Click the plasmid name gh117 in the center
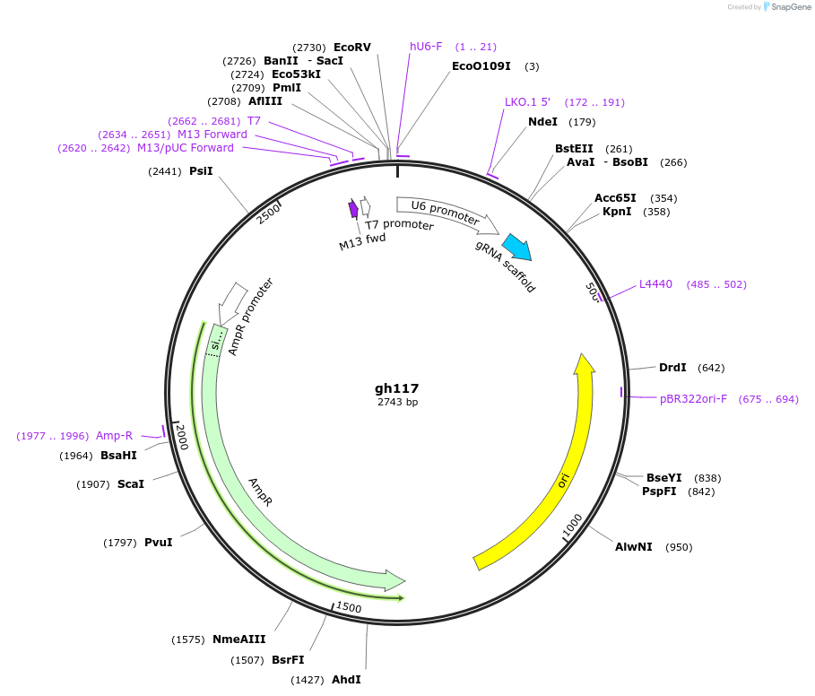pyautogui.click(x=396, y=388)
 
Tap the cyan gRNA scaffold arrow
pyautogui.click(x=516, y=247)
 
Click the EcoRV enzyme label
pyautogui.click(x=351, y=47)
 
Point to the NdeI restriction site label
pyautogui.click(x=542, y=122)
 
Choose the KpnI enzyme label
pyautogui.click(x=617, y=212)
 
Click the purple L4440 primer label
pyautogui.click(x=655, y=284)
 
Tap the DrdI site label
pyautogui.click(x=672, y=368)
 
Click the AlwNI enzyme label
pyautogui.click(x=633, y=547)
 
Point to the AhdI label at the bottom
pyautogui.click(x=346, y=680)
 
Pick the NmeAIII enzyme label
pyautogui.click(x=238, y=639)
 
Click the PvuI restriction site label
pyautogui.click(x=158, y=543)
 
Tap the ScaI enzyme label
pyautogui.click(x=130, y=484)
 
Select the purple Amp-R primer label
pyautogui.click(x=114, y=436)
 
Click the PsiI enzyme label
pyautogui.click(x=201, y=170)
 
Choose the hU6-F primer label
pyautogui.click(x=426, y=47)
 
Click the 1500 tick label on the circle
pyautogui.click(x=349, y=608)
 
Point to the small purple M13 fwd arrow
pyautogui.click(x=353, y=209)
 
